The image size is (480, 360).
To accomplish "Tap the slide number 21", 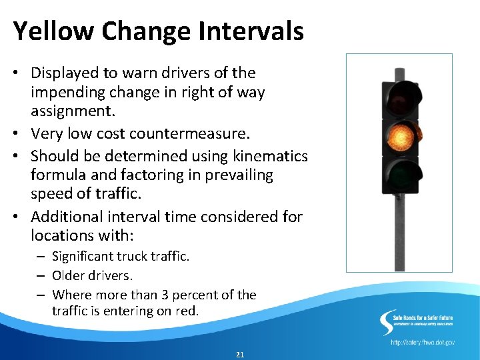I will tap(240, 355).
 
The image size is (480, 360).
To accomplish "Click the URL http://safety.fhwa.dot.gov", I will tap(423, 342).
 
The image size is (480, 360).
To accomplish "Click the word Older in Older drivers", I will tap(69, 275).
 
